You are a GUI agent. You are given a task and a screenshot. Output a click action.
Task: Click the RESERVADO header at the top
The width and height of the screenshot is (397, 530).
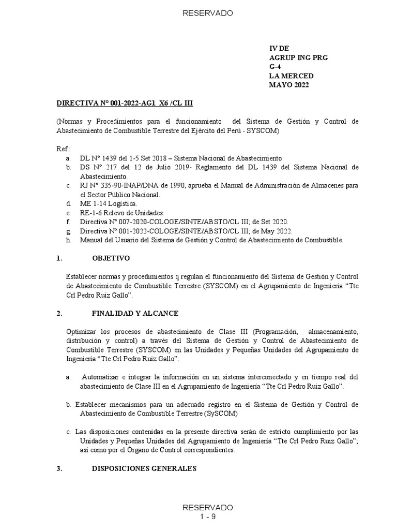201,13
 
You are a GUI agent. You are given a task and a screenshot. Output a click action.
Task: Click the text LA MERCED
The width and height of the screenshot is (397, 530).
291,76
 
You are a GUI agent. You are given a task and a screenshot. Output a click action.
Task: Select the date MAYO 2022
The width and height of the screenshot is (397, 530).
288,85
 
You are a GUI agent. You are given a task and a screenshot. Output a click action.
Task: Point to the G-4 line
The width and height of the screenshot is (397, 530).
276,67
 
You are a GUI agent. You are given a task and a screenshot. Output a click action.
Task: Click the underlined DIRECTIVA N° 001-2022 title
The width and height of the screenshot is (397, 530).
125,103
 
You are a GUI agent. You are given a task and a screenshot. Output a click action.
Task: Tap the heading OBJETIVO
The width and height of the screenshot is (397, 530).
111,258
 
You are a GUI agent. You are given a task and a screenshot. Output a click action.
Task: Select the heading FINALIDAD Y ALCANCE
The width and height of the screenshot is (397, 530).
135,313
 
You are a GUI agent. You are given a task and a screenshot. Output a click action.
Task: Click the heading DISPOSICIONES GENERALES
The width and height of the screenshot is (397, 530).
144,469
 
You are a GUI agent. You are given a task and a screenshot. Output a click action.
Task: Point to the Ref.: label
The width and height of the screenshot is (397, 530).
63,149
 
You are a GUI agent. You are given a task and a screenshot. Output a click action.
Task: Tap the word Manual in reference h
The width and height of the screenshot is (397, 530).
91,240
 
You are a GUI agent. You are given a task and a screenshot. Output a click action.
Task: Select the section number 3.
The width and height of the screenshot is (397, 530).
59,469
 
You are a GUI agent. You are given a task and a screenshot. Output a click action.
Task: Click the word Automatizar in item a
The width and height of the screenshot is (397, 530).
101,377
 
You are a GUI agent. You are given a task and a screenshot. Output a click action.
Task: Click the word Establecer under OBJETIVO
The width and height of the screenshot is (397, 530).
84,276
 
